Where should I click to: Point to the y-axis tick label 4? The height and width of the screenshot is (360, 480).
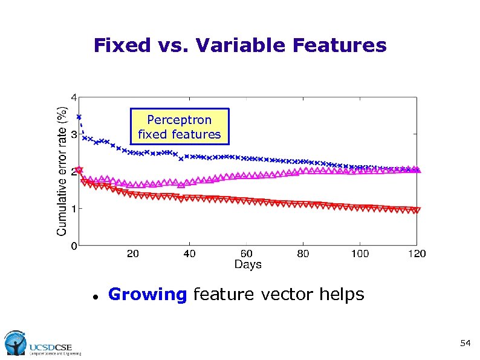click(73, 97)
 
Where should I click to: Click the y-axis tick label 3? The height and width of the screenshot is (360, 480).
click(73, 134)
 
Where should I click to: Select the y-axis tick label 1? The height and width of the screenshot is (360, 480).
click(73, 209)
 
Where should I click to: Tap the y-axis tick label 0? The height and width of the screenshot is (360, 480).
click(73, 246)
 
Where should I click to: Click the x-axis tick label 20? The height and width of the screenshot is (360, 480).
click(132, 254)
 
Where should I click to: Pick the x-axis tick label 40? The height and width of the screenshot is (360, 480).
click(189, 254)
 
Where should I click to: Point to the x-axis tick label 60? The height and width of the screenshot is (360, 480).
click(246, 254)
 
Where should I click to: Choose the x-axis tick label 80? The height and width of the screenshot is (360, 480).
click(303, 254)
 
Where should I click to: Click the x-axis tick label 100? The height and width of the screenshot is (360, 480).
click(360, 254)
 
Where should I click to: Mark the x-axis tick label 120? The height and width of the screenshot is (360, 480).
click(417, 254)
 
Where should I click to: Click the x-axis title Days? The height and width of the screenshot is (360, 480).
click(248, 264)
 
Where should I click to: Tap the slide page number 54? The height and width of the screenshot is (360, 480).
click(465, 343)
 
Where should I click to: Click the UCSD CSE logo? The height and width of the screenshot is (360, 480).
click(42, 344)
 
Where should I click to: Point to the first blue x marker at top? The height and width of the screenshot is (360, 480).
click(79, 117)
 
